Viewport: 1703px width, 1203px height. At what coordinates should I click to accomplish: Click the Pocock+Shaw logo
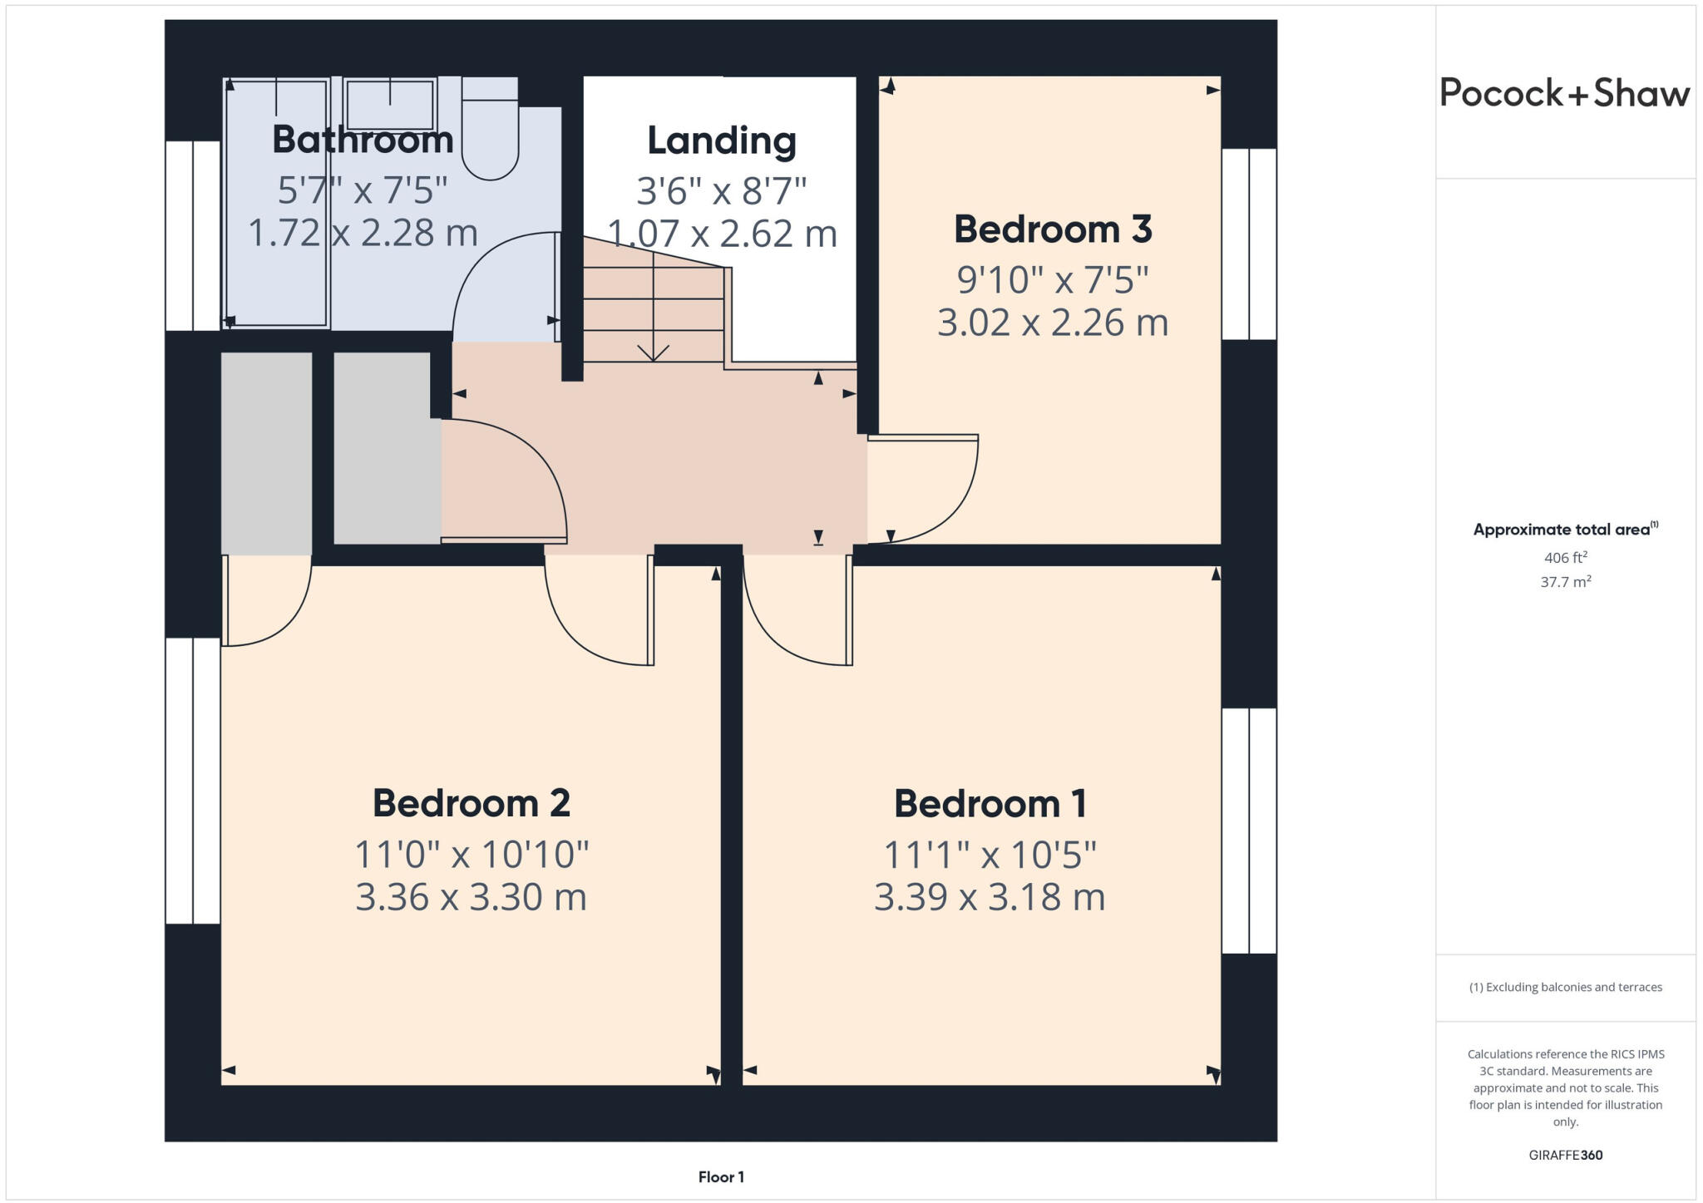[1564, 93]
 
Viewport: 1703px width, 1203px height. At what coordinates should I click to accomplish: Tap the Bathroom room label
[363, 139]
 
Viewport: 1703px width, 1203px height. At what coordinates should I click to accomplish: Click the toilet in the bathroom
[490, 133]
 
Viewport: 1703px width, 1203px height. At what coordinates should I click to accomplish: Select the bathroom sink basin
[389, 105]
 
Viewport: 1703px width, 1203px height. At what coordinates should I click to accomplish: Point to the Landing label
[721, 141]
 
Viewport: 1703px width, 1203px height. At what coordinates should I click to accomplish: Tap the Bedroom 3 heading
[1052, 229]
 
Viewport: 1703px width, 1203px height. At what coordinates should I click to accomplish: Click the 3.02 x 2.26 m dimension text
[1052, 323]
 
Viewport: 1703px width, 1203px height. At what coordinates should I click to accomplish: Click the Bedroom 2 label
[471, 803]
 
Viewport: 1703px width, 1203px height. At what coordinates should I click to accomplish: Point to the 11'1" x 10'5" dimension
[990, 855]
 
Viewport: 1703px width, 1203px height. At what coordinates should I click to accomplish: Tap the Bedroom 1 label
[990, 804]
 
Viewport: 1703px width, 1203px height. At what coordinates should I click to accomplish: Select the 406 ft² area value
[1565, 558]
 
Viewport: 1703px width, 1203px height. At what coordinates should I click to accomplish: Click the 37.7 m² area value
[1565, 582]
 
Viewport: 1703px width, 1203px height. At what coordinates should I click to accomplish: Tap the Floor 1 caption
[721, 1177]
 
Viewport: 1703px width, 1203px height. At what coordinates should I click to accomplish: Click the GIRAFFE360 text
[1565, 1155]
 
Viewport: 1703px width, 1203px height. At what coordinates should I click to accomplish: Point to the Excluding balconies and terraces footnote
[1565, 988]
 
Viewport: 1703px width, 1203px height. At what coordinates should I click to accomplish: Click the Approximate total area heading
[1563, 530]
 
